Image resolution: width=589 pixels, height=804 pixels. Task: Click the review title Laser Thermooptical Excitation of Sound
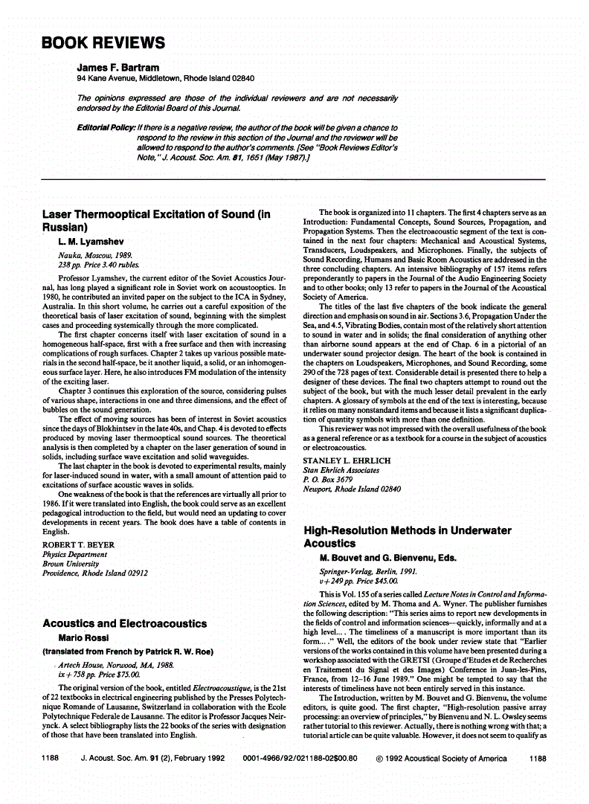pos(155,221)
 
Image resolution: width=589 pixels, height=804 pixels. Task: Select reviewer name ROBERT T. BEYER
pos(83,544)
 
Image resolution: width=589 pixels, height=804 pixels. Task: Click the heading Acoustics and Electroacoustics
pos(125,623)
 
